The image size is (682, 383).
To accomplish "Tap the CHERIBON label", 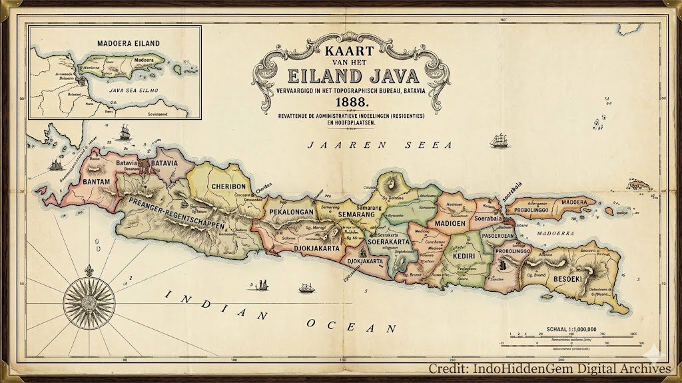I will (229, 187).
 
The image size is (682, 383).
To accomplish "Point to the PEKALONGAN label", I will (291, 212).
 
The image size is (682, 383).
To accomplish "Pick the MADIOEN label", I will (450, 223).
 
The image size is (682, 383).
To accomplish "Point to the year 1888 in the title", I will (352, 102).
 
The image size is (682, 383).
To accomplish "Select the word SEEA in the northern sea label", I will (427, 145).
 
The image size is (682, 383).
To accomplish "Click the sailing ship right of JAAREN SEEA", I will (500, 141).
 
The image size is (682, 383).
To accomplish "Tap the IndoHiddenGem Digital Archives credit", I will (549, 368).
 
